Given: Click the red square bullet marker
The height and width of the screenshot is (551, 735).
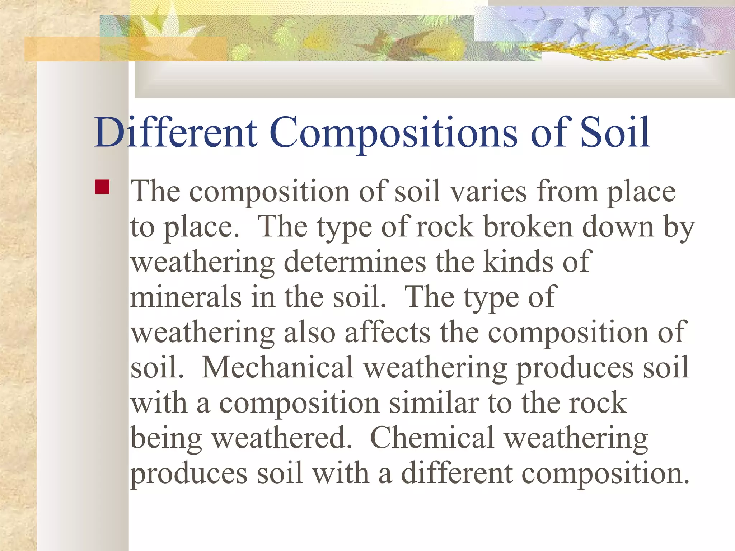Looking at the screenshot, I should click(x=102, y=187).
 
